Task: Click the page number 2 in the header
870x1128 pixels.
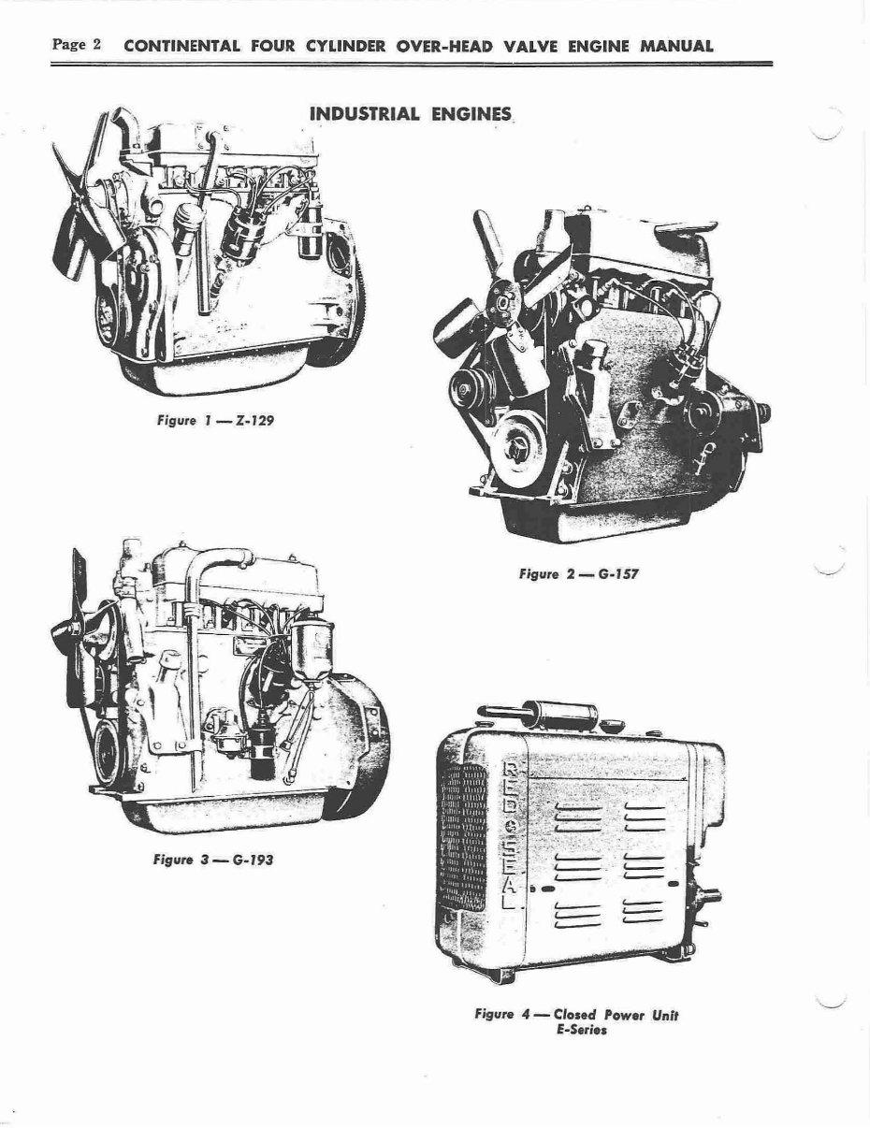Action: tap(95, 45)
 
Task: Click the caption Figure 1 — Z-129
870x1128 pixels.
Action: tap(214, 420)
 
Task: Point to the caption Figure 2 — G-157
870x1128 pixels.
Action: tap(578, 573)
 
